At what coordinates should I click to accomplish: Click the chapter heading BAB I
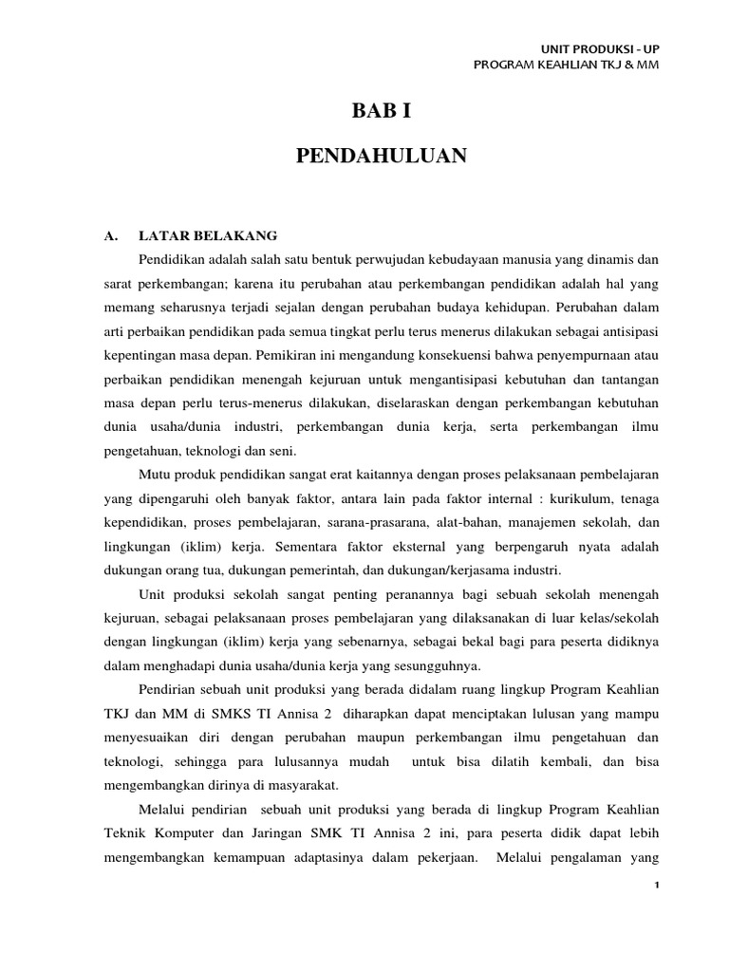pos(382,111)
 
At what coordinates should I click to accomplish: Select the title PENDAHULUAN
pos(382,157)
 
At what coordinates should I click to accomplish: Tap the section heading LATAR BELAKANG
pos(208,235)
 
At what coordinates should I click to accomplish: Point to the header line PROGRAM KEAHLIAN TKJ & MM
pos(566,65)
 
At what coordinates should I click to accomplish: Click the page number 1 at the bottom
pos(656,885)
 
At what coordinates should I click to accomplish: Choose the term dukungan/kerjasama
pos(439,570)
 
